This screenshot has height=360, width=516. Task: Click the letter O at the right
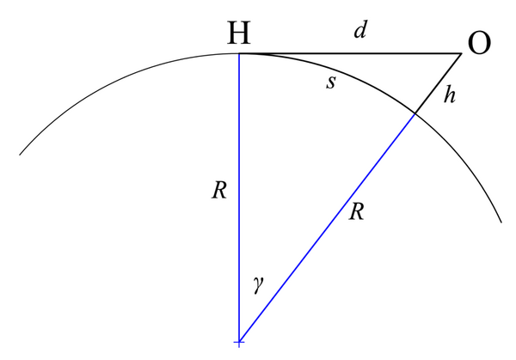(x=479, y=43)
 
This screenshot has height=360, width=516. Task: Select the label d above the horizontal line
(x=360, y=30)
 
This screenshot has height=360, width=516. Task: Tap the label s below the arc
(x=331, y=82)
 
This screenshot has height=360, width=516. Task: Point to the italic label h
(x=450, y=95)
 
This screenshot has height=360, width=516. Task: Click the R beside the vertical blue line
(x=219, y=190)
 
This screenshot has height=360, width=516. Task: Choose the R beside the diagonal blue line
(x=357, y=211)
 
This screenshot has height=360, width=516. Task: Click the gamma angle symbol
(x=259, y=284)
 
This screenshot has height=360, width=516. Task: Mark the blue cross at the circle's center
(x=239, y=343)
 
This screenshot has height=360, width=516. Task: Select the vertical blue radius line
(x=239, y=198)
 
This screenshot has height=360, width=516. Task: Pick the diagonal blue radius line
(x=327, y=229)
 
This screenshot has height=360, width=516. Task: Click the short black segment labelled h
(x=438, y=83)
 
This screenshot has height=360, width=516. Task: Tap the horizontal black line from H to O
(x=350, y=53)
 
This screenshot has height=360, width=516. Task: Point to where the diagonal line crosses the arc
(x=415, y=113)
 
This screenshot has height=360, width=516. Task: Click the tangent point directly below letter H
(x=239, y=53)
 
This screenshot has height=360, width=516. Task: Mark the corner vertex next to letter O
(x=461, y=53)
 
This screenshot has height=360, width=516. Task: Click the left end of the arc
(x=20, y=155)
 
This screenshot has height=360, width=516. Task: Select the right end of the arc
(x=501, y=223)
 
